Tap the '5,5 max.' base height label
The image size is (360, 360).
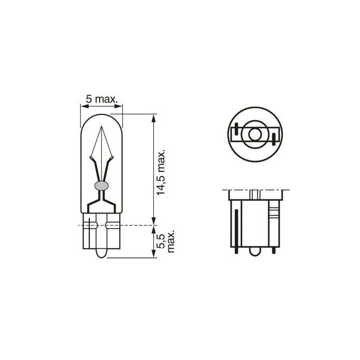pyautogui.click(x=166, y=242)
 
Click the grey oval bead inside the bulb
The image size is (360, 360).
pyautogui.click(x=102, y=185)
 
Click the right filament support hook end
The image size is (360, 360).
pyautogui.click(x=112, y=157)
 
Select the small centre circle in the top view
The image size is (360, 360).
pyautogui.click(x=254, y=135)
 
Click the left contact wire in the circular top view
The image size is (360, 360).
pyautogui.click(x=234, y=134)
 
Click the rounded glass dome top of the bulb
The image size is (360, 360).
pyautogui.click(x=102, y=115)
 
